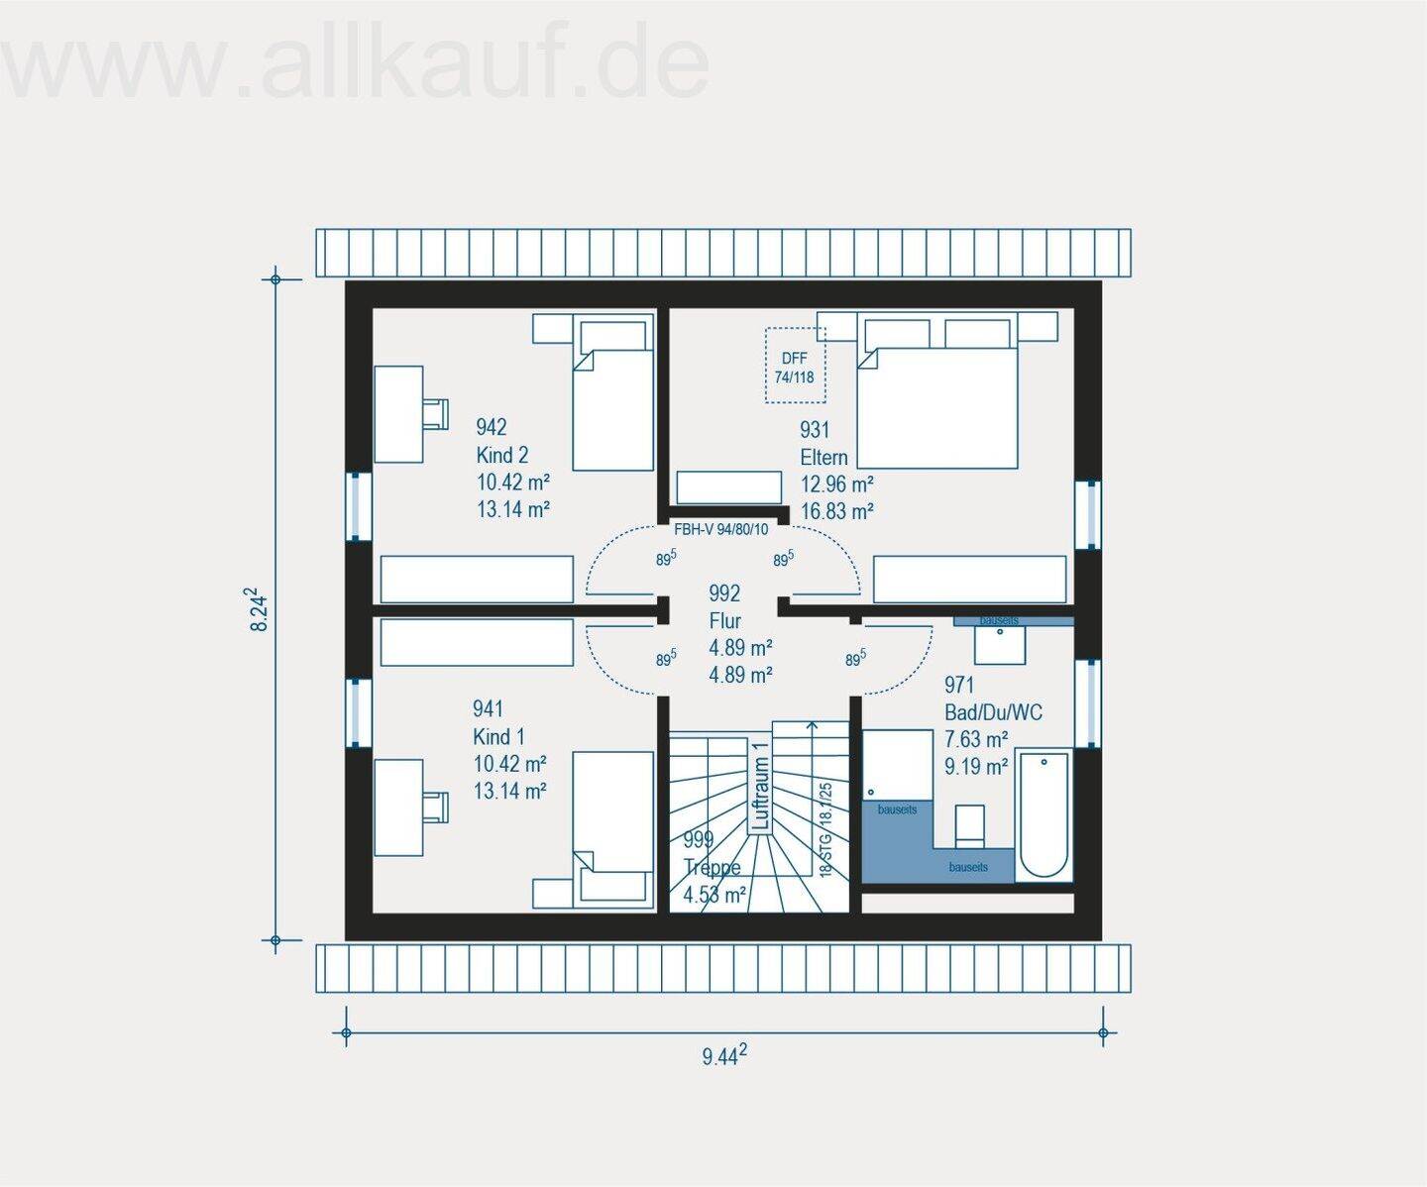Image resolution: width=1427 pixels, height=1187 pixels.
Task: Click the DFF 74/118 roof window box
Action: tap(795, 366)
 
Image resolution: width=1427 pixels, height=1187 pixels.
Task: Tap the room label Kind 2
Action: tap(501, 455)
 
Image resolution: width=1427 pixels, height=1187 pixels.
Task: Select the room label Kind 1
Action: tap(498, 736)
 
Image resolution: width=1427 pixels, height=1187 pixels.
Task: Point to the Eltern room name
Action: tap(823, 457)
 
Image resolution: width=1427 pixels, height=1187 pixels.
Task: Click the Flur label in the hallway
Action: tap(724, 620)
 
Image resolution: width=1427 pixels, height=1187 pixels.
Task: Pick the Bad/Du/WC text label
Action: tap(993, 711)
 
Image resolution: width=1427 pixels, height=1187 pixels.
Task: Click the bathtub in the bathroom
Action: tap(1044, 813)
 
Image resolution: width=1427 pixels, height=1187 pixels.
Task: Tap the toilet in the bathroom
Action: tap(969, 825)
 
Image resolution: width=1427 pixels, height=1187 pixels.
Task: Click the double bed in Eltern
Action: tap(936, 396)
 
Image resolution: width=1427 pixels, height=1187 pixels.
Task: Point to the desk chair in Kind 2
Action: tap(434, 413)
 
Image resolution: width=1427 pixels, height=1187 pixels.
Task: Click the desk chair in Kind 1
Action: tap(434, 806)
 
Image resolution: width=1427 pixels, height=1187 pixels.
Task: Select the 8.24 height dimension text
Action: tap(259, 610)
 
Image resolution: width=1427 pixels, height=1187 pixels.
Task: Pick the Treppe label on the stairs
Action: tap(712, 867)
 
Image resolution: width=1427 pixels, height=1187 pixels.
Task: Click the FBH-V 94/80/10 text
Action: tap(720, 529)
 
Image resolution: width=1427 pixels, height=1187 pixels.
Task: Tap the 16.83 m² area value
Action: tap(836, 511)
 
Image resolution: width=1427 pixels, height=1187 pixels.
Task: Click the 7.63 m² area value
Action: tap(976, 738)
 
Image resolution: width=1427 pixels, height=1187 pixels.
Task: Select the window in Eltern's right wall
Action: tap(1089, 514)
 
